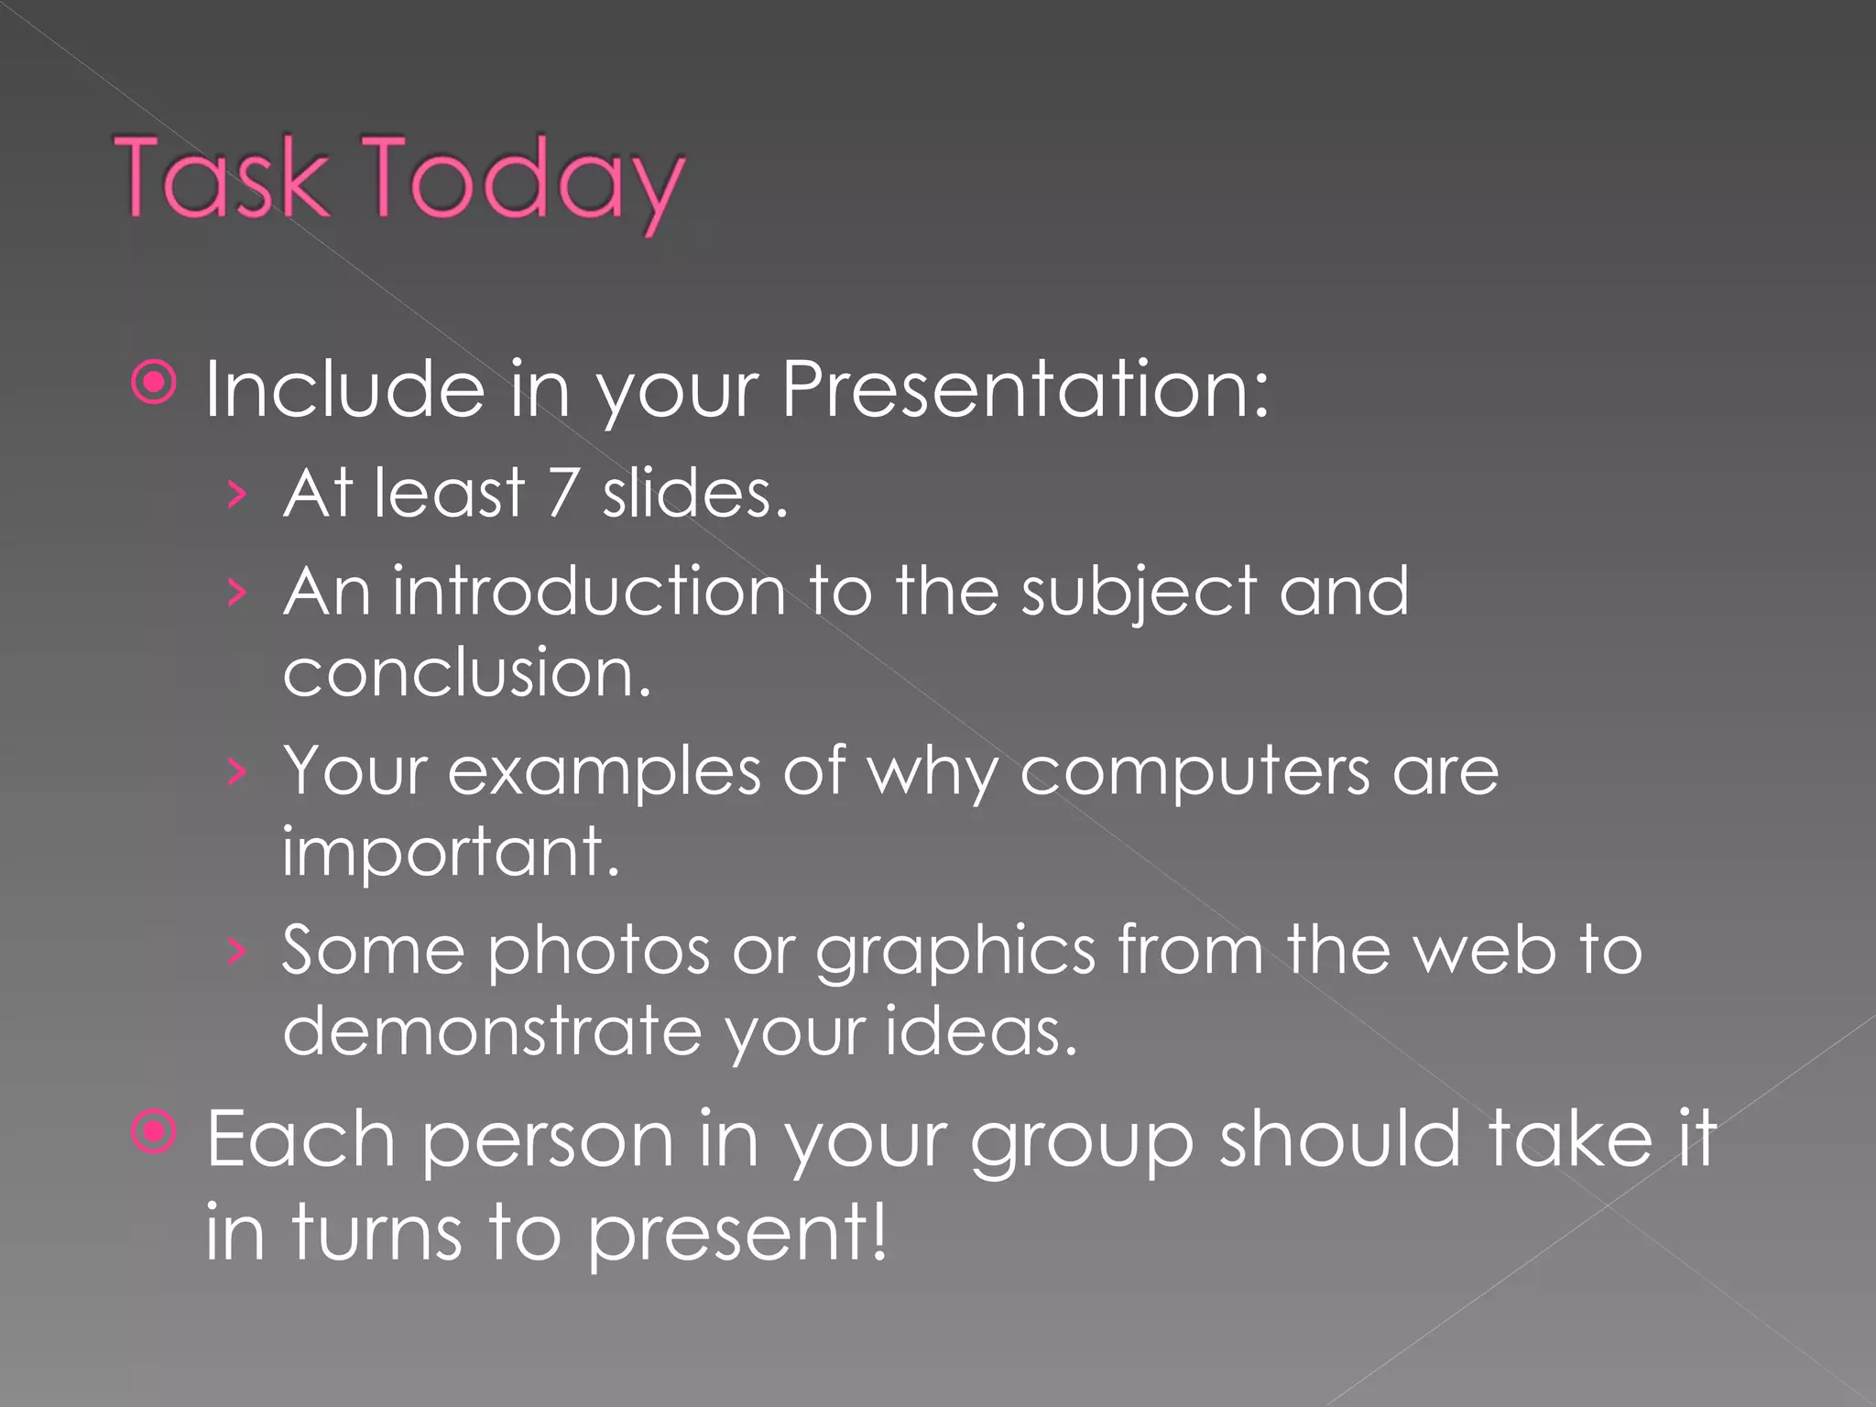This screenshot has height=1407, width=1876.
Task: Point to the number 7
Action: (562, 493)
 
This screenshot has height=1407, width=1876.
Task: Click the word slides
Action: (694, 493)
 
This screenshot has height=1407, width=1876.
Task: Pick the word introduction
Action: (589, 591)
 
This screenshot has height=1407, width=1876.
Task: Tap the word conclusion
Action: (466, 672)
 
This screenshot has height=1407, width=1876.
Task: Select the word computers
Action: (1194, 772)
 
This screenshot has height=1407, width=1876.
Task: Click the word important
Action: (450, 852)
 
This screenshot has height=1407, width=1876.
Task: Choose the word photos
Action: (598, 951)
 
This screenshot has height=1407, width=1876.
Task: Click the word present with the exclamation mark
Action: (737, 1233)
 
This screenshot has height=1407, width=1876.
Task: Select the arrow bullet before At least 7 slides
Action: (237, 495)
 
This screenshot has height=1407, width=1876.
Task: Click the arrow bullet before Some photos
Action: (237, 952)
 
